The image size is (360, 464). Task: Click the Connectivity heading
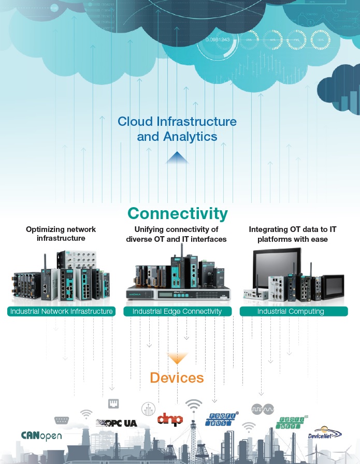pyautogui.click(x=177, y=213)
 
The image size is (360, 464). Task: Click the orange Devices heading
pyautogui.click(x=177, y=378)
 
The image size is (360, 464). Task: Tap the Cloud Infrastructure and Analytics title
pyautogui.click(x=177, y=129)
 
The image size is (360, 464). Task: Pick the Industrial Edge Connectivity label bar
pyautogui.click(x=177, y=311)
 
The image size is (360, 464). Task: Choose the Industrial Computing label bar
pyautogui.click(x=291, y=311)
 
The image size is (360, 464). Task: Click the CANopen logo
pyautogui.click(x=41, y=436)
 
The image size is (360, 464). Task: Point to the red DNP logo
pyautogui.click(x=170, y=419)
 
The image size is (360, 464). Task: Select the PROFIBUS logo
pyautogui.click(x=223, y=418)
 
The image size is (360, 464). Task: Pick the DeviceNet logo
pyautogui.click(x=324, y=434)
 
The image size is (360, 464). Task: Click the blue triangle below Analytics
pyautogui.click(x=177, y=157)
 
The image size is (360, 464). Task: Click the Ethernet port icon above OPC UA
pyautogui.click(x=113, y=403)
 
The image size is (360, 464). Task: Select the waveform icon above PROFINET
pyautogui.click(x=262, y=409)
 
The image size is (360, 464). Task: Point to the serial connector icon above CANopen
pyautogui.click(x=62, y=421)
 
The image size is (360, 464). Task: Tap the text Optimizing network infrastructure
pyautogui.click(x=61, y=234)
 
